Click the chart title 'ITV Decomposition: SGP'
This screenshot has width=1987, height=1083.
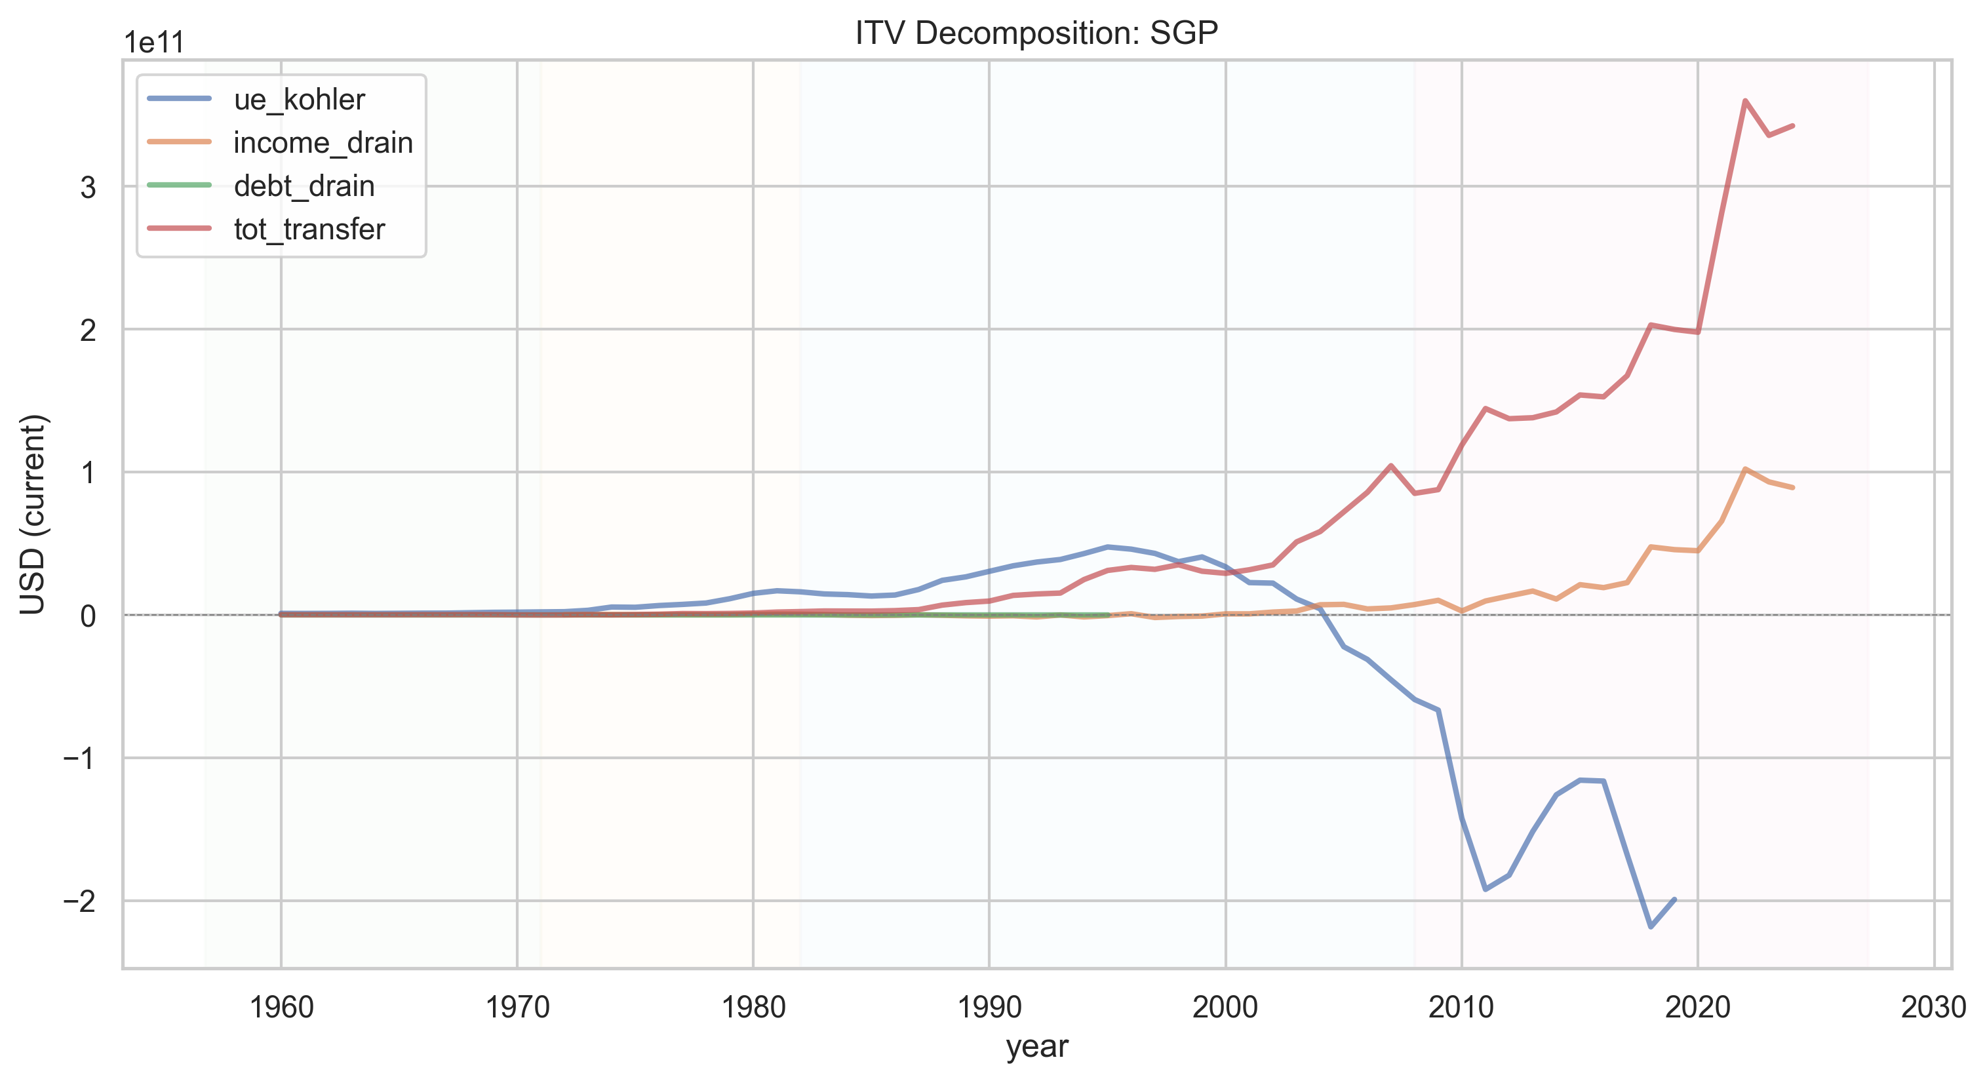pos(1036,33)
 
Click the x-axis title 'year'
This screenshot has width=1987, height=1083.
pos(1036,1047)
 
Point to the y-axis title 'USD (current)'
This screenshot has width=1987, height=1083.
pos(33,514)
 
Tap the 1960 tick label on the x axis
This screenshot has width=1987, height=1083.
pos(281,1008)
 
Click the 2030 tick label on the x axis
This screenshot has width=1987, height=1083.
pos(1934,1008)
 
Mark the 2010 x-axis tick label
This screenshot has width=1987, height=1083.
pos(1462,1008)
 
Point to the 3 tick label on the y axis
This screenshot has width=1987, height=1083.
pos(88,187)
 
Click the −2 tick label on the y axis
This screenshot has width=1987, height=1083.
pos(79,901)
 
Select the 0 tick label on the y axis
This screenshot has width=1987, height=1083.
pos(88,616)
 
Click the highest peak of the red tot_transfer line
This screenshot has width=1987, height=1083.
pos(1745,100)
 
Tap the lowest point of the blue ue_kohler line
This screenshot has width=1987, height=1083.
pos(1651,926)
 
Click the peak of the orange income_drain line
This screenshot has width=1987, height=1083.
pos(1745,469)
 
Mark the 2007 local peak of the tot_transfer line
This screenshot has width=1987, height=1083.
pos(1390,465)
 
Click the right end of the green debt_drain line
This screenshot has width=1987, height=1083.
pos(1108,615)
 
